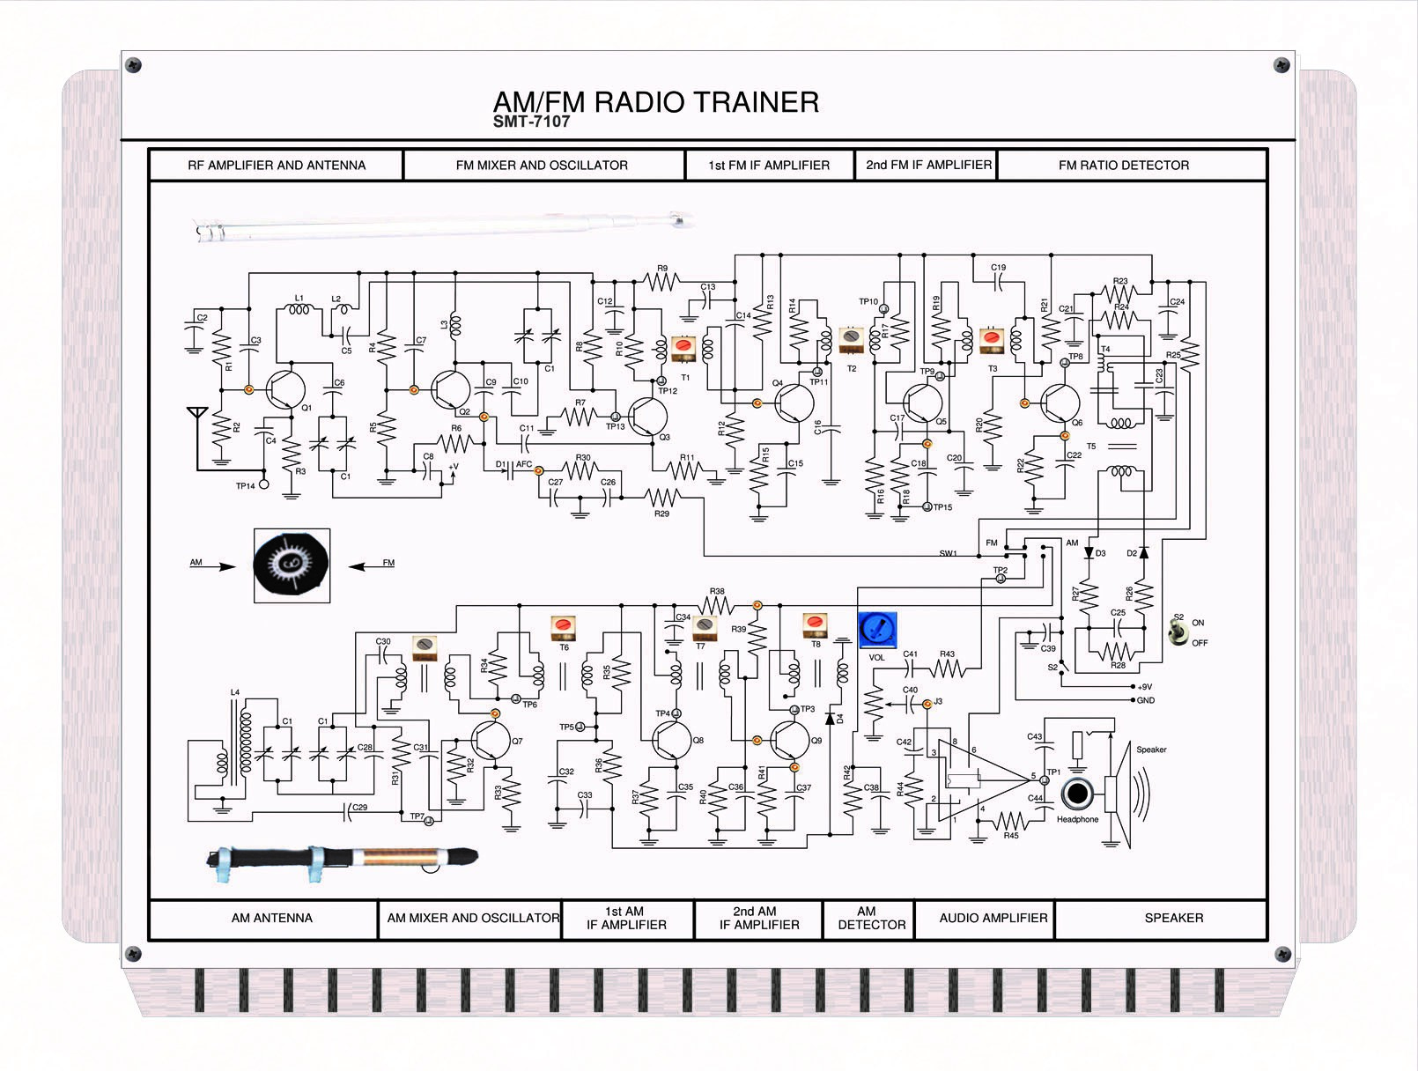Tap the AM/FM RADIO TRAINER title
(656, 102)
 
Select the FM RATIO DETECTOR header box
(1124, 166)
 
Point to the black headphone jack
(1076, 794)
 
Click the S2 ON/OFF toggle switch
(1178, 631)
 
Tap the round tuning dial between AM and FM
(292, 564)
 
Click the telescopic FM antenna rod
(440, 227)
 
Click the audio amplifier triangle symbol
(978, 779)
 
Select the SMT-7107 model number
(531, 122)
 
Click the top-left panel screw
(134, 64)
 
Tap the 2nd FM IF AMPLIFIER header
(928, 166)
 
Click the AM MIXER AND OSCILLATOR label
(473, 919)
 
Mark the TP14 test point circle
(262, 484)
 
